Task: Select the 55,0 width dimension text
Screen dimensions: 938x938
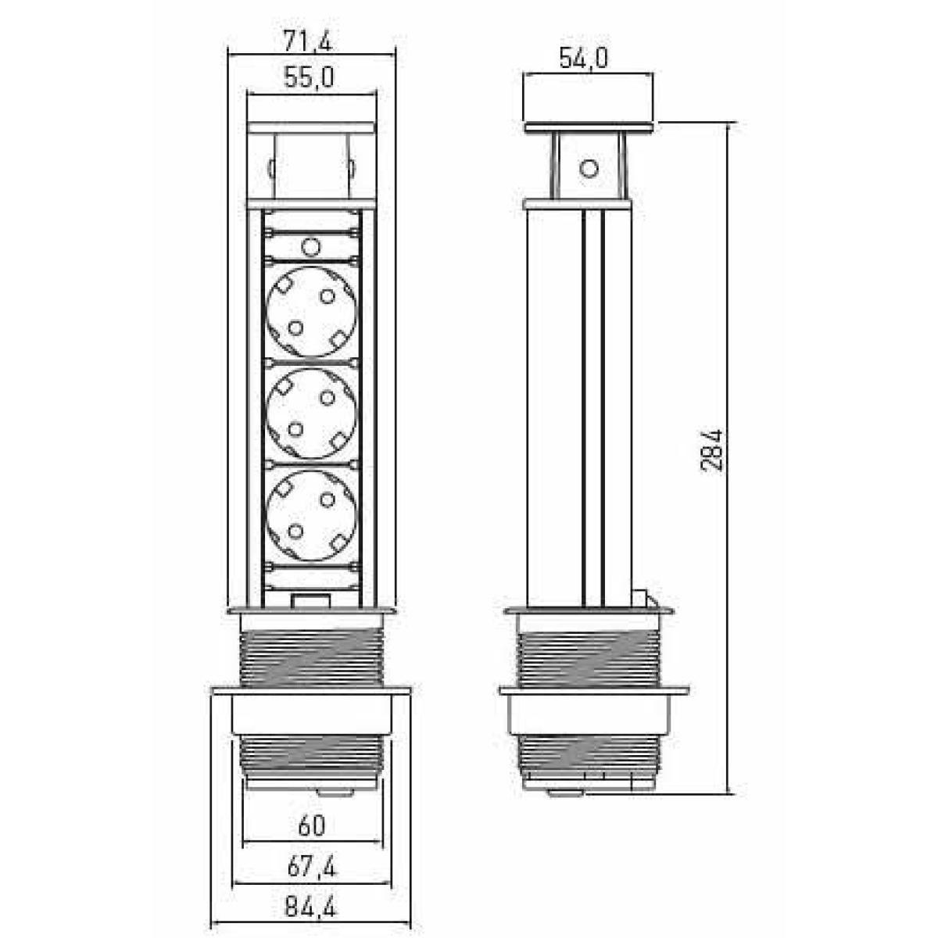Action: [309, 77]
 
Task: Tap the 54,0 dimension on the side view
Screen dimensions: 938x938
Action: [583, 59]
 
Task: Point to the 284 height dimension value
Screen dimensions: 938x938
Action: [711, 450]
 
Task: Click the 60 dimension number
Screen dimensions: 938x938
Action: [312, 825]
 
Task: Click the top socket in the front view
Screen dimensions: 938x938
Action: [312, 312]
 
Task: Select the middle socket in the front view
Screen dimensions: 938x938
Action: [312, 413]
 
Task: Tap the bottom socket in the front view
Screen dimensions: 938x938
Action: [312, 515]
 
